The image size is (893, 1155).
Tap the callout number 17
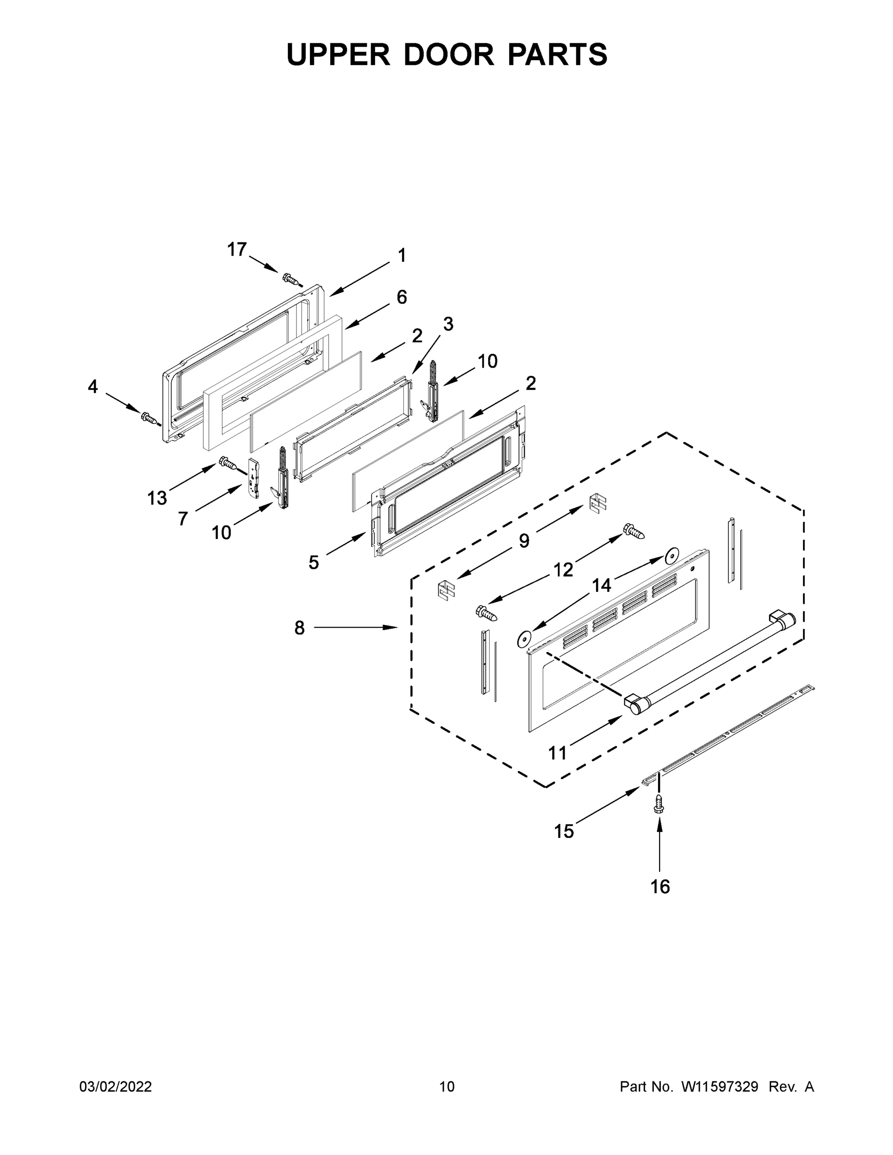pos(236,249)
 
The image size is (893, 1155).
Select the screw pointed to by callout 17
pos(290,278)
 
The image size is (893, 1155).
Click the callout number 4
pos(92,386)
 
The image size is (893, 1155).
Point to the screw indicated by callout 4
pos(149,418)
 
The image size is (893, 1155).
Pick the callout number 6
pos(401,297)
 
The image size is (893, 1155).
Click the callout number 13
pos(157,498)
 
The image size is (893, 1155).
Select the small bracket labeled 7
pos(255,477)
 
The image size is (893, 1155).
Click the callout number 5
pos(314,562)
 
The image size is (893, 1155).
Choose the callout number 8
pos(299,628)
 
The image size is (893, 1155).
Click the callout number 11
pos(557,753)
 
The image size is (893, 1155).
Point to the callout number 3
pos(448,324)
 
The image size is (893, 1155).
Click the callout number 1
pos(401,256)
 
